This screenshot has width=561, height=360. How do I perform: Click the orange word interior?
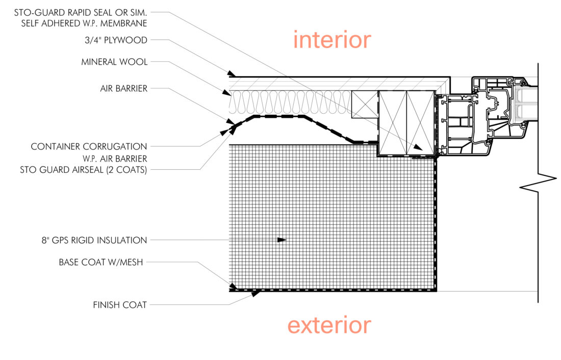(332, 40)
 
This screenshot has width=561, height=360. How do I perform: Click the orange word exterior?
(329, 324)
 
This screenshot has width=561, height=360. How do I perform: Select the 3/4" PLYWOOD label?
(121, 40)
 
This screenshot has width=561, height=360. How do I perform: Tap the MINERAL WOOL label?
(114, 62)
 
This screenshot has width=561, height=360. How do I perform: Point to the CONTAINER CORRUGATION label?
(89, 146)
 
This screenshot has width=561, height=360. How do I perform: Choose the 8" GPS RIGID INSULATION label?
(94, 240)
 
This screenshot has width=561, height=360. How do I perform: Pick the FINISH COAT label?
(120, 305)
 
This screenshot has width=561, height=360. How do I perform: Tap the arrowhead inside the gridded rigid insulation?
(282, 239)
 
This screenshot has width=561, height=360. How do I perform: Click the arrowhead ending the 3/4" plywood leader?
(232, 75)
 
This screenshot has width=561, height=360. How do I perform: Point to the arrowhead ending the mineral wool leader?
(226, 93)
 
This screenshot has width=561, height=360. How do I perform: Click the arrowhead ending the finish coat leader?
(258, 292)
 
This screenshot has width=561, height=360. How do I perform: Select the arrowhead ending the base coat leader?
(234, 288)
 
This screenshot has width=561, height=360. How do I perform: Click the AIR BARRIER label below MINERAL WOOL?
(124, 88)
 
